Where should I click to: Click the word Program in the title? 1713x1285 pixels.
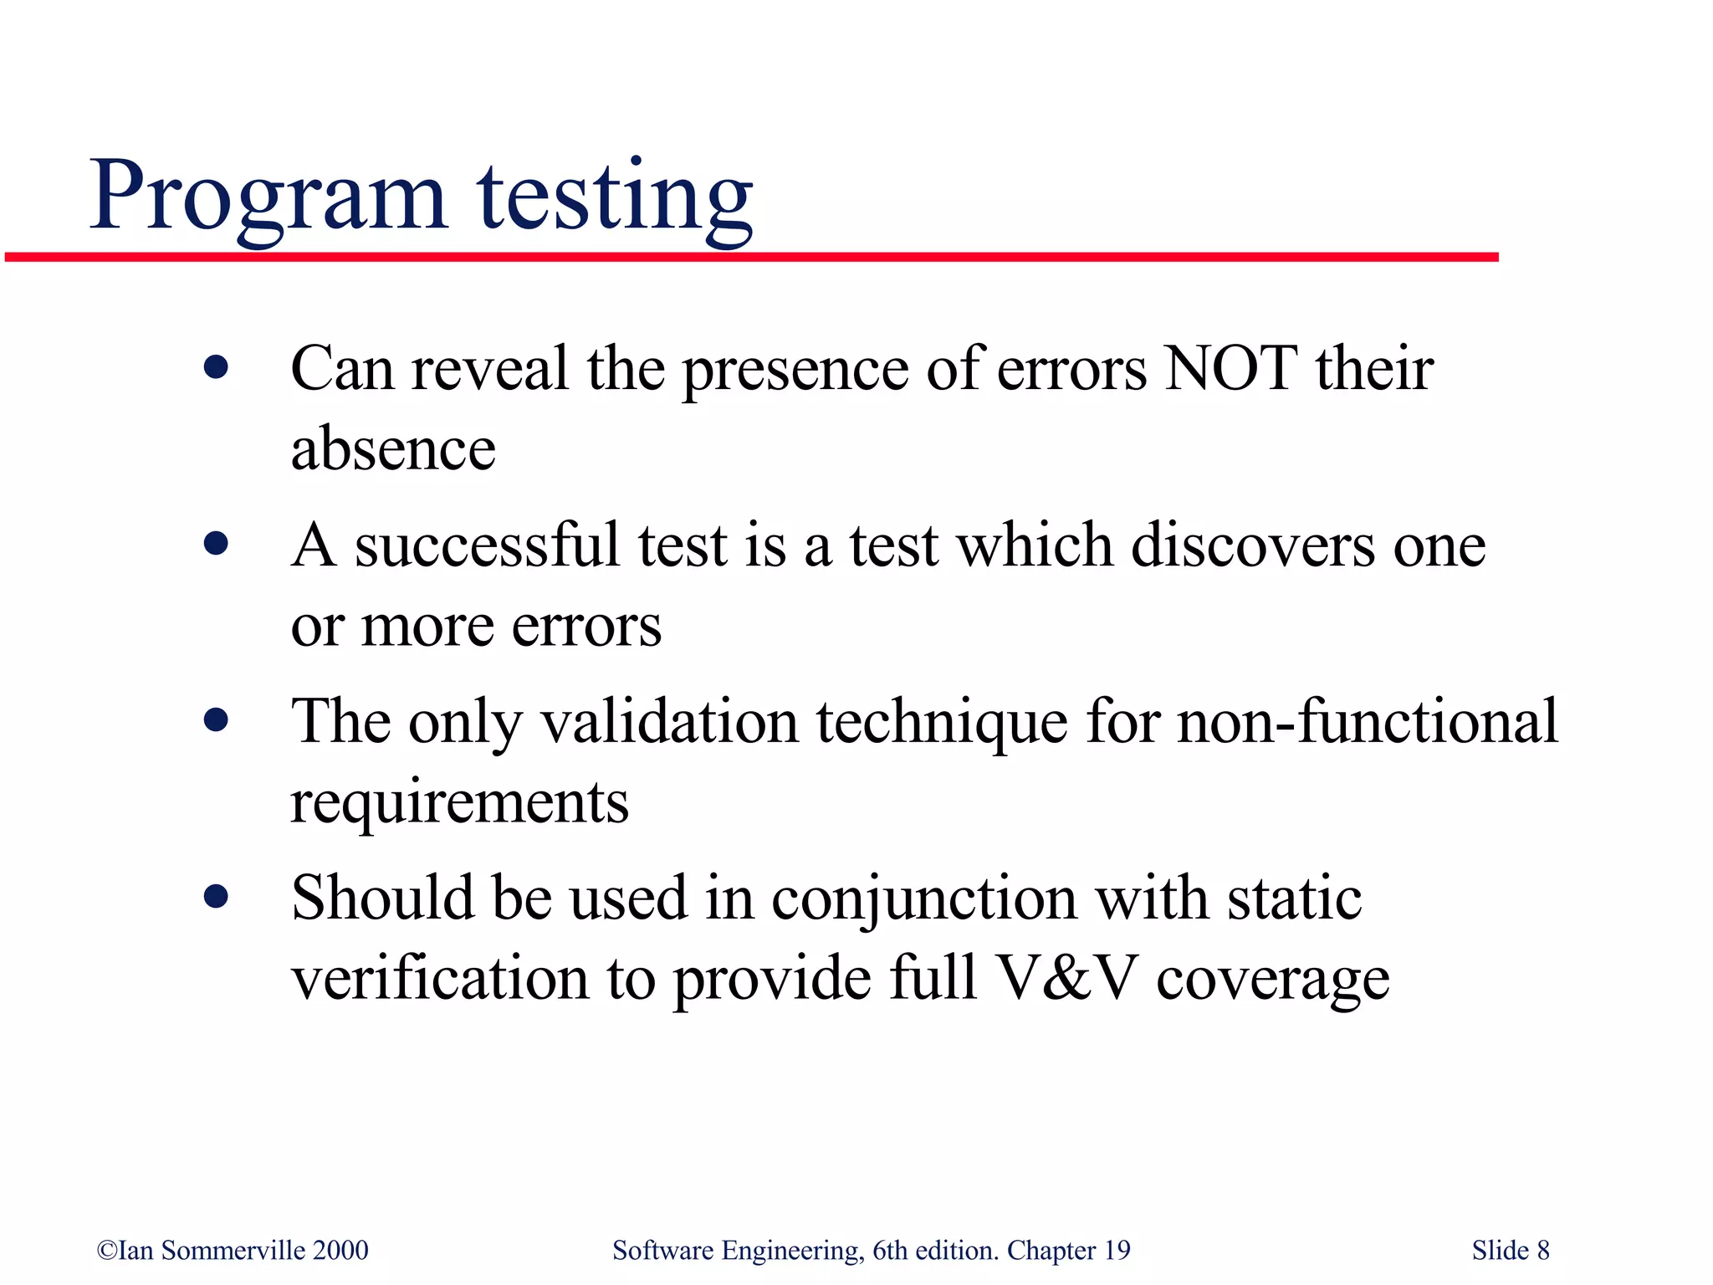click(x=268, y=197)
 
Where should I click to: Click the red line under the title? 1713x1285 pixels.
click(x=753, y=257)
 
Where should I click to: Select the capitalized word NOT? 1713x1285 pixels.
click(x=1231, y=368)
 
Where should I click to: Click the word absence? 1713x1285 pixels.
click(x=393, y=449)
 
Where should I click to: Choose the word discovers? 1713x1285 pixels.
click(x=1252, y=545)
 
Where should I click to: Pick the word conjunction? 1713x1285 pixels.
click(x=923, y=898)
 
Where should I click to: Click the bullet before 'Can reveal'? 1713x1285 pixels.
click(x=216, y=368)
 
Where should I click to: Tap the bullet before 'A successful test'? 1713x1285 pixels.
click(x=216, y=545)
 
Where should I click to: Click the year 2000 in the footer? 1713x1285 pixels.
click(x=340, y=1251)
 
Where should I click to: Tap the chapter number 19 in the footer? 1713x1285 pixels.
click(x=1117, y=1251)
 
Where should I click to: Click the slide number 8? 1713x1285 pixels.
click(x=1542, y=1251)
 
